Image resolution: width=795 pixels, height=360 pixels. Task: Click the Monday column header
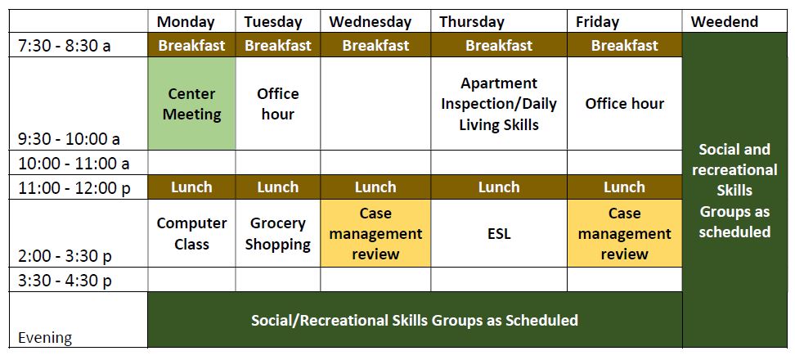pyautogui.click(x=186, y=22)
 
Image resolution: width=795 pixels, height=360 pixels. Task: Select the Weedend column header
pyautogui.click(x=725, y=22)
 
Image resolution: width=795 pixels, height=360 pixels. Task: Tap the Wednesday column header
pyautogui.click(x=371, y=22)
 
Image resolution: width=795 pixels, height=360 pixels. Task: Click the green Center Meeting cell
pyautogui.click(x=191, y=103)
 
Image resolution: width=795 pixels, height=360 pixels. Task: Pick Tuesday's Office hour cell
pyautogui.click(x=278, y=103)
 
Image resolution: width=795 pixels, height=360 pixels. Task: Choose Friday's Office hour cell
pyautogui.click(x=625, y=103)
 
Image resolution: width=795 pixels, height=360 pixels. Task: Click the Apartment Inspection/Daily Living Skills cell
pyautogui.click(x=499, y=103)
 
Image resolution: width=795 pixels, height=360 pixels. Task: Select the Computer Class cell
pyautogui.click(x=191, y=233)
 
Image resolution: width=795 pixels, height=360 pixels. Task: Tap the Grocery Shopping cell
pyautogui.click(x=278, y=233)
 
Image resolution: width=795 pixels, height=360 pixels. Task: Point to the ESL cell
pyautogui.click(x=499, y=233)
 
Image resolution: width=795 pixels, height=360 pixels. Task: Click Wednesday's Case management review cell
pyautogui.click(x=375, y=233)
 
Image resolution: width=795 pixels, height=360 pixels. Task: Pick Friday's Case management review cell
pyautogui.click(x=625, y=233)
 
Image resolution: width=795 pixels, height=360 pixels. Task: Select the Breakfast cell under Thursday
pyautogui.click(x=499, y=45)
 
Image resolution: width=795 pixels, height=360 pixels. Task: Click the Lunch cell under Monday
pyautogui.click(x=191, y=187)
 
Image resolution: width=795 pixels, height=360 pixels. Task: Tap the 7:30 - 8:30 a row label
pyautogui.click(x=65, y=46)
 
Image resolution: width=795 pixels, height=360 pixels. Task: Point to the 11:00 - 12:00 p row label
pyautogui.click(x=74, y=188)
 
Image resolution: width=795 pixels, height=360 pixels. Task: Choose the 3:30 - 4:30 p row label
pyautogui.click(x=65, y=281)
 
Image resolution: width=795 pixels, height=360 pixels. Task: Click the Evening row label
pyautogui.click(x=45, y=338)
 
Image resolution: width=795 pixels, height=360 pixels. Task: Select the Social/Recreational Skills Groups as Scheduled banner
pyautogui.click(x=415, y=320)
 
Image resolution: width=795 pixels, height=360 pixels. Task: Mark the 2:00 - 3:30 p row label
pyautogui.click(x=65, y=257)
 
